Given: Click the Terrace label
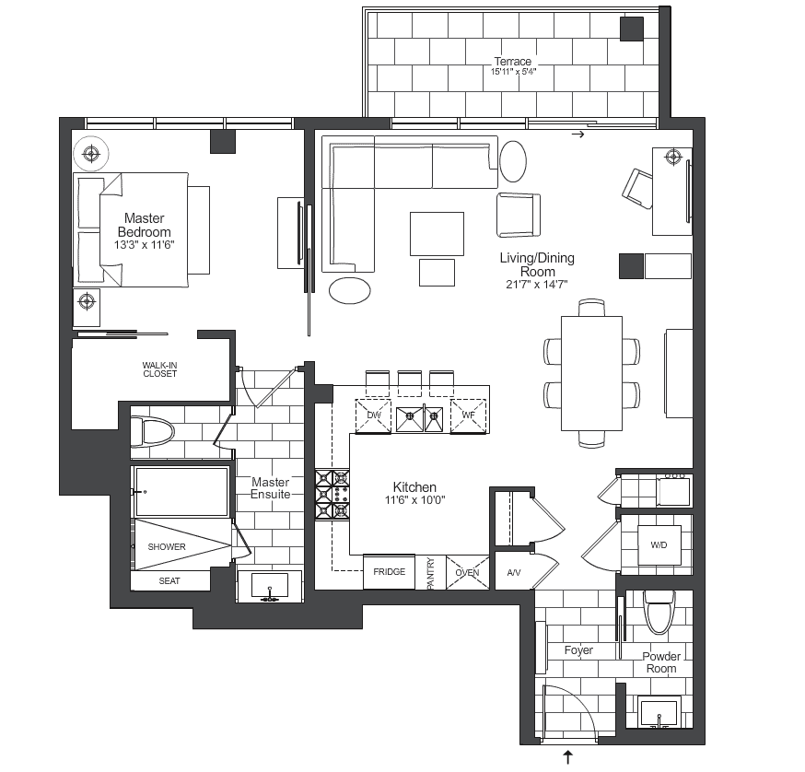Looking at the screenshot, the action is tap(512, 61).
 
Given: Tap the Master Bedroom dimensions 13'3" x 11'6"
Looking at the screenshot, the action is tap(145, 245).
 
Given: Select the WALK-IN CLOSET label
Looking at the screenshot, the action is tap(159, 369).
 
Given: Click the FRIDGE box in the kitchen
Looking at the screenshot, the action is tap(390, 572).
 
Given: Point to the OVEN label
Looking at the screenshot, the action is tap(467, 573).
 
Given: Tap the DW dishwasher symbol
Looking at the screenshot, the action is tap(373, 416).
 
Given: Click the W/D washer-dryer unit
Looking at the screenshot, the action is tap(659, 545).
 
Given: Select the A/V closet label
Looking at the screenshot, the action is tap(514, 573).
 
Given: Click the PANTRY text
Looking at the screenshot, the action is tap(430, 573).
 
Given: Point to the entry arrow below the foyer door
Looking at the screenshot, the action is tap(568, 756).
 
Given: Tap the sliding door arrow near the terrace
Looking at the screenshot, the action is tap(578, 135).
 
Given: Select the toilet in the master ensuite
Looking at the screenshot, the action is tap(151, 432).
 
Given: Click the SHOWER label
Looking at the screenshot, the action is tap(167, 547).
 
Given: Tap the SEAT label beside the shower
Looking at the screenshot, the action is tap(169, 581).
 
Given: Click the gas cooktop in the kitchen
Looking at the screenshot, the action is tap(332, 495).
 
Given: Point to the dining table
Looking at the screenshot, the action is tap(591, 373).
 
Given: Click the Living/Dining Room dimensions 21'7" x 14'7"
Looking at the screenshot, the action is tap(536, 285).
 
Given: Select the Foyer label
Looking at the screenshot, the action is tap(578, 650).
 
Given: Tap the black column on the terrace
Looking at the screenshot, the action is tap(632, 29).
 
